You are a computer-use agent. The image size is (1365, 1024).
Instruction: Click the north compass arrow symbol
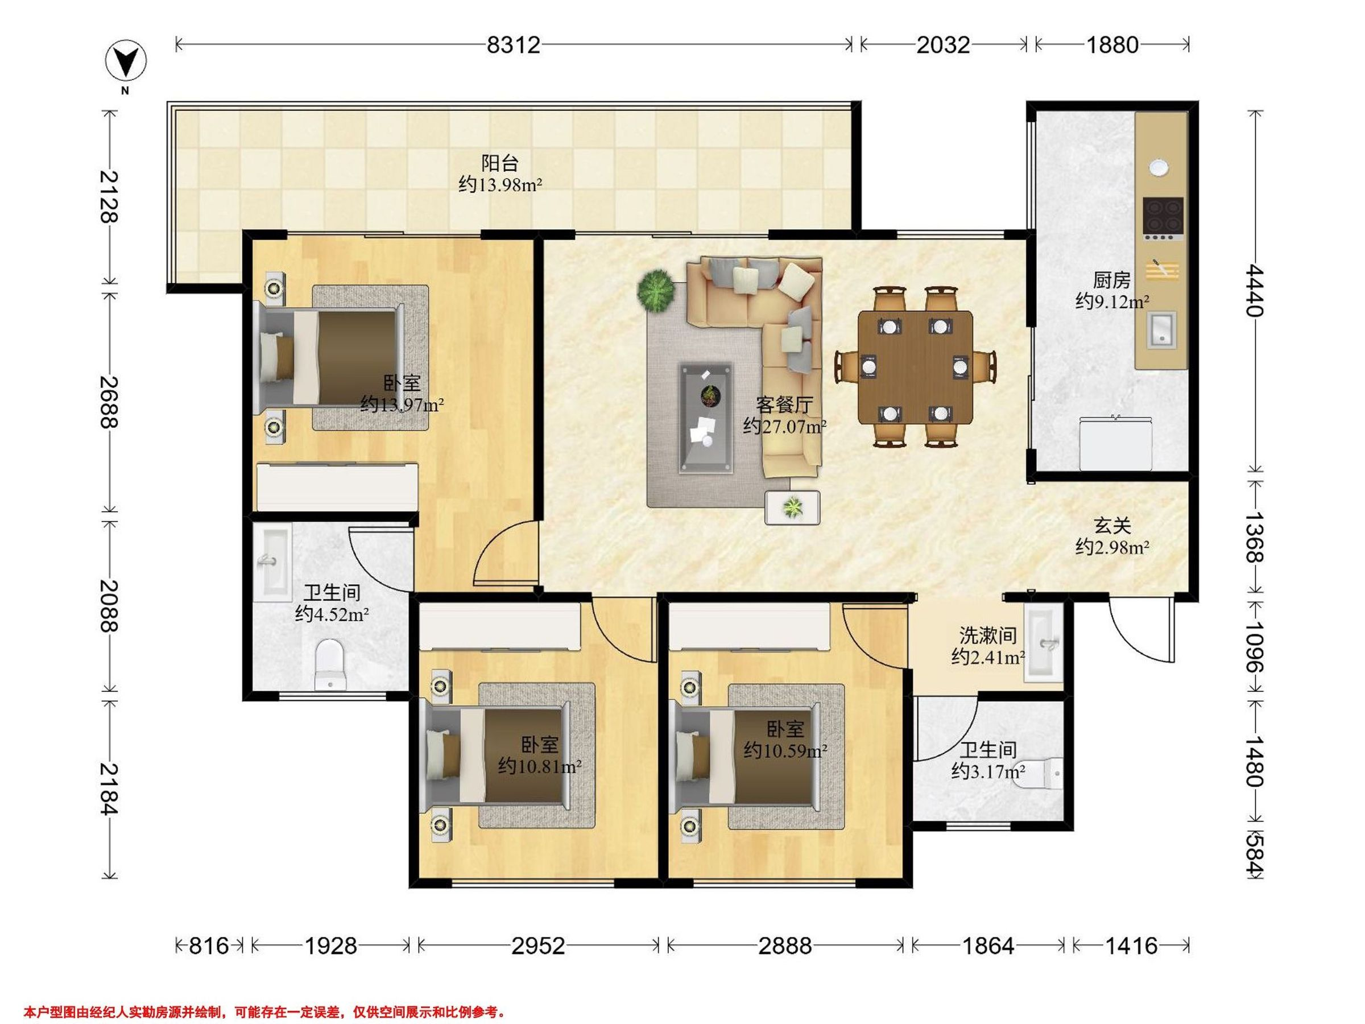pos(126,61)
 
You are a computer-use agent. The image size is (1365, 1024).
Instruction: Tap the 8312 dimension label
pos(514,44)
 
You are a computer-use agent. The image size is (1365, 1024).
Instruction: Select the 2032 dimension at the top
pos(942,44)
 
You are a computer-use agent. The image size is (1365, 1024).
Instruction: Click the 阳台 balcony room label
pos(499,163)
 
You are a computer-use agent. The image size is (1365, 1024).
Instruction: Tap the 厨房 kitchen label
pos(1111,280)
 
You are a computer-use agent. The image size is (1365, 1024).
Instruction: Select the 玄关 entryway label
pos(1112,526)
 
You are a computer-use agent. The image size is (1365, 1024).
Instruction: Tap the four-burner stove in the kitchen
pos(1163,218)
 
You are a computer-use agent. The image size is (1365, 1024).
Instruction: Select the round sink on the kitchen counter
pos(1159,167)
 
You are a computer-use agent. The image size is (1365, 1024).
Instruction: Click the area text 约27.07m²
pos(784,426)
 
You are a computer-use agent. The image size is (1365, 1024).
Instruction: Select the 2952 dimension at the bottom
pos(537,945)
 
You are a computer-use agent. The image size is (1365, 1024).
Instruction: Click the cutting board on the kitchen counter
pos(1163,270)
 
